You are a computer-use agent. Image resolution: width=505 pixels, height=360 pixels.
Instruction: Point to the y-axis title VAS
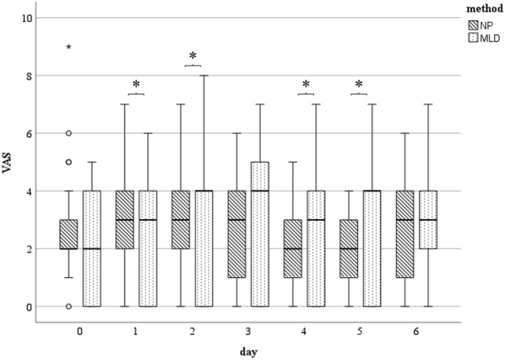coord(11,164)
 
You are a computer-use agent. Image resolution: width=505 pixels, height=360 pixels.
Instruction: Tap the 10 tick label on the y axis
coord(27,17)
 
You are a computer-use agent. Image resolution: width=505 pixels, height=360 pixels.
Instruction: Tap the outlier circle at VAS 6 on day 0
coord(69,134)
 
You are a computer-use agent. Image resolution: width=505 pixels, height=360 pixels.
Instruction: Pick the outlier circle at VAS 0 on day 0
coord(69,307)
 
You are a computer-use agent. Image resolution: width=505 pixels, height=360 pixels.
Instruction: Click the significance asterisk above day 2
coord(193,58)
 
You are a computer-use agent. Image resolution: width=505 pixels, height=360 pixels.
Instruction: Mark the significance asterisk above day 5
coord(359,85)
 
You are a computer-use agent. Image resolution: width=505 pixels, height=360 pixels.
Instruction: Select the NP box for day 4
coord(293,249)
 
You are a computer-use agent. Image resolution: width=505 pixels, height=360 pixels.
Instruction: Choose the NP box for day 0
coord(69,234)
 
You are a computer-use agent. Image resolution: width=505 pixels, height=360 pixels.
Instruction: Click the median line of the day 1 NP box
coord(124,220)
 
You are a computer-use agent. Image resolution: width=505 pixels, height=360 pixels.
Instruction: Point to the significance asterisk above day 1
coord(136,85)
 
